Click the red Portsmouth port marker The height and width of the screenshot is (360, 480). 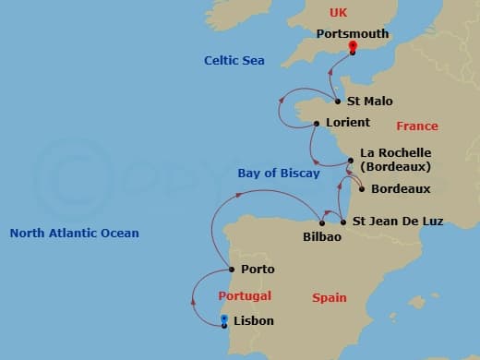click(353, 49)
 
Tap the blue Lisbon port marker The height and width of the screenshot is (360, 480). click(224, 321)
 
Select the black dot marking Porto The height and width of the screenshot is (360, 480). click(231, 270)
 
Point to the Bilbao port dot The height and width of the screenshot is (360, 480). click(321, 222)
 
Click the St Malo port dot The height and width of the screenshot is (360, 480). click(337, 102)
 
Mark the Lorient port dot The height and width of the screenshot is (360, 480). click(316, 123)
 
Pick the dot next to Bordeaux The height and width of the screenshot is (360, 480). click(361, 189)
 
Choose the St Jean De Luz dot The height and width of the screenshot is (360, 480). click(343, 222)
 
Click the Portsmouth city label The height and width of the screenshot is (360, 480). click(353, 34)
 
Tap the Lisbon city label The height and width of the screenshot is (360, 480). click(254, 321)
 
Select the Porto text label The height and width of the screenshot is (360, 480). click(258, 270)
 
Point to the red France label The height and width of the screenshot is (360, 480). click(417, 126)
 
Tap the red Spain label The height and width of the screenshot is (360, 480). click(330, 298)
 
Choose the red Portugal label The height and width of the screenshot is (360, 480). click(245, 296)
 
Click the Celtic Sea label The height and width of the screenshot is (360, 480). click(234, 61)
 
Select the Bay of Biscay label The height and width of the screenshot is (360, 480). click(279, 174)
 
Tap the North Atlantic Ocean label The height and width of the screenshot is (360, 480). click(75, 234)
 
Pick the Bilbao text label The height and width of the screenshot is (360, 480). click(322, 237)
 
